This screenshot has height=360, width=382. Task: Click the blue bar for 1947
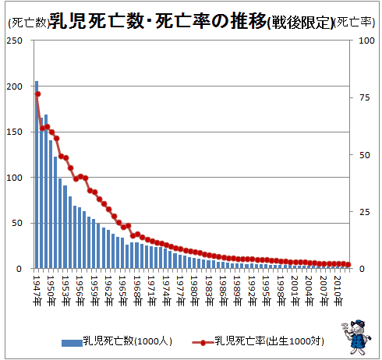click(37, 175)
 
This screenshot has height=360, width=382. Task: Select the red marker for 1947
click(38, 94)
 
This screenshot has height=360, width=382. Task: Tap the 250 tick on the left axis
click(15, 41)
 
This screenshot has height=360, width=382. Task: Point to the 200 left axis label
click(15, 86)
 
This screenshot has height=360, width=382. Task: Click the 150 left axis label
click(15, 132)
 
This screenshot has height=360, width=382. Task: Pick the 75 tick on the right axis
click(365, 97)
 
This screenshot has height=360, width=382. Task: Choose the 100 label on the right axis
click(366, 41)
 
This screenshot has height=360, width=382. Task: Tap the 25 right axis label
click(365, 212)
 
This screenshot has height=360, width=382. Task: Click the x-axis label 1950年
click(51, 291)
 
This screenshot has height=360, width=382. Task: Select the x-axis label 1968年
click(137, 291)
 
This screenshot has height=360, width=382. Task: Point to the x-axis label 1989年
click(237, 291)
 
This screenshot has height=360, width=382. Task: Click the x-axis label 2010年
click(338, 291)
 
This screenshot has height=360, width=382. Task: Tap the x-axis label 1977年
click(180, 291)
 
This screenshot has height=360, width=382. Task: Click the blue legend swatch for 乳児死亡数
click(72, 343)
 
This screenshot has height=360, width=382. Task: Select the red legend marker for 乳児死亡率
click(203, 343)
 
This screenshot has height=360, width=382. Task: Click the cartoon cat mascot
click(356, 337)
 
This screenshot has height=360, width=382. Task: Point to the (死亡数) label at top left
click(29, 23)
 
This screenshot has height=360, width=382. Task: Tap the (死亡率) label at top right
click(354, 23)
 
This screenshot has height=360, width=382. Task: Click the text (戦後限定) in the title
click(300, 23)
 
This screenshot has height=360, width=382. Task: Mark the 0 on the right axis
click(362, 269)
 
